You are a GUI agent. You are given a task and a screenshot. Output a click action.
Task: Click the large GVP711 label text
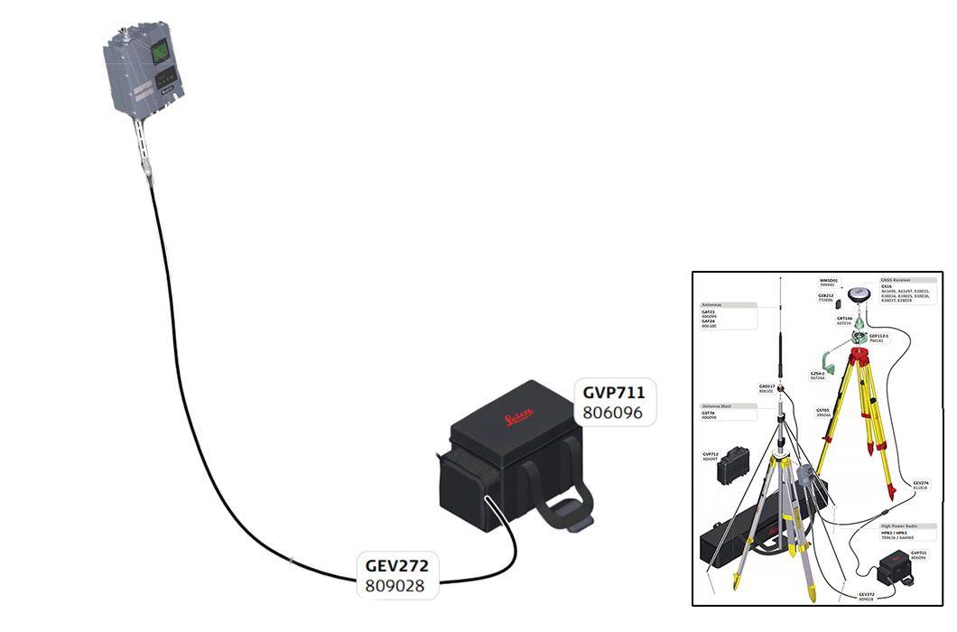[615, 393]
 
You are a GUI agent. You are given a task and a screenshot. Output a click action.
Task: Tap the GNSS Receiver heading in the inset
[895, 280]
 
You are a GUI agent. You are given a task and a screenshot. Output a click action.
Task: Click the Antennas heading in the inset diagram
[712, 304]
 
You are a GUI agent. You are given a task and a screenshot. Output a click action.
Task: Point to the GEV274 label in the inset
[920, 483]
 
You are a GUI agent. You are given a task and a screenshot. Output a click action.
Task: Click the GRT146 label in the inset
[844, 318]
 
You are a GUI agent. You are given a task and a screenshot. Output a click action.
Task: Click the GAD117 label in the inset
[767, 386]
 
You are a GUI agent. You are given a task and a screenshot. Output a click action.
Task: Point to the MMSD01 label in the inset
[829, 281]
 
